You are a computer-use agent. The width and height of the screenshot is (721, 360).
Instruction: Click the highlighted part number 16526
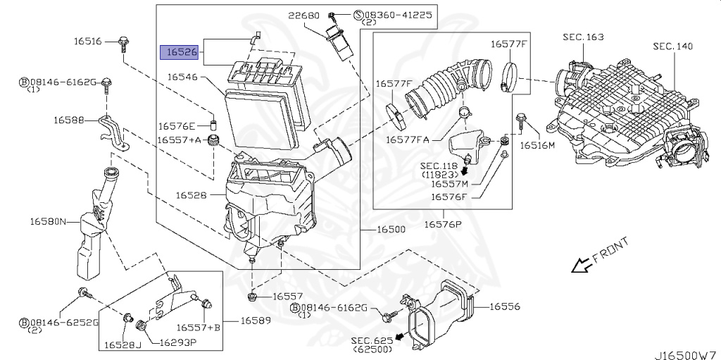(x=182, y=52)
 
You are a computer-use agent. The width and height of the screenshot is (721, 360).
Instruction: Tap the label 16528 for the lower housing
(x=191, y=194)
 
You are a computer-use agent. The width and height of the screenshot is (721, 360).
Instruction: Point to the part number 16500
(x=391, y=230)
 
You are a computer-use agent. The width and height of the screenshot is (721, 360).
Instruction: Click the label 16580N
(x=47, y=222)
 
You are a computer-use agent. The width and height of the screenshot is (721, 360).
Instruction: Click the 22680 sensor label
(x=302, y=14)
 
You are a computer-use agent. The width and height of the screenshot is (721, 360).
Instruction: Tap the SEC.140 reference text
(x=672, y=46)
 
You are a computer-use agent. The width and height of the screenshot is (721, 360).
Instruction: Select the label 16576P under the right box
(x=442, y=224)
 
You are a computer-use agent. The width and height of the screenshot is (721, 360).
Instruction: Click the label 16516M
(x=537, y=145)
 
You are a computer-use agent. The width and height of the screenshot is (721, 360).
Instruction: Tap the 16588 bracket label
(x=68, y=120)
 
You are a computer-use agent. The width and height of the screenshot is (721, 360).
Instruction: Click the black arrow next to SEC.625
(x=401, y=337)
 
